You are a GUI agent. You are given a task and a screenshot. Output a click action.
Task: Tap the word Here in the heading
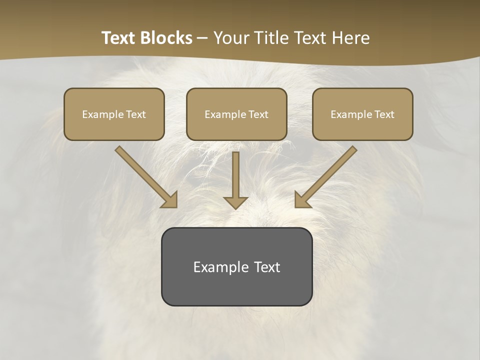(349, 38)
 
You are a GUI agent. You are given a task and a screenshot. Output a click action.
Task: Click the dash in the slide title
(202, 38)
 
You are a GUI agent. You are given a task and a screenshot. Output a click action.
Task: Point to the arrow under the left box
(145, 176)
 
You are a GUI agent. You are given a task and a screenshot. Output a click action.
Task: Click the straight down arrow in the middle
(235, 177)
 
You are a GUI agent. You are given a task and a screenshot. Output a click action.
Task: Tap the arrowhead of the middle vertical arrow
(235, 202)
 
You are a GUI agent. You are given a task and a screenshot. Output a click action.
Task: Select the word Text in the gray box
(267, 267)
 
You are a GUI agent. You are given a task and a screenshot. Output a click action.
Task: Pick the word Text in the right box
(384, 114)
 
